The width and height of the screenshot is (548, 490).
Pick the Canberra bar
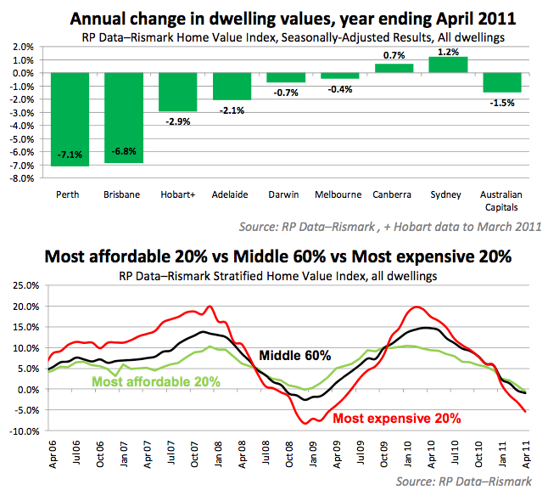click(x=395, y=68)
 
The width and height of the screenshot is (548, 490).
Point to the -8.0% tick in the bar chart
click(x=24, y=178)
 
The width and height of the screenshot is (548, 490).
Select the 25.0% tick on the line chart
click(x=25, y=286)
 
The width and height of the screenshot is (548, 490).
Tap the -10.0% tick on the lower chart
click(x=24, y=431)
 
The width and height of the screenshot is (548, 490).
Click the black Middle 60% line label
click(x=294, y=356)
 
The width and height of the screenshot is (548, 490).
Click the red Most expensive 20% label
click(x=397, y=418)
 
